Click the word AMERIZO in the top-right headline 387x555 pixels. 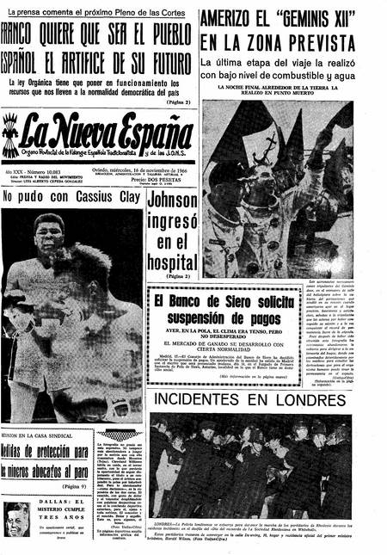point(233,20)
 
